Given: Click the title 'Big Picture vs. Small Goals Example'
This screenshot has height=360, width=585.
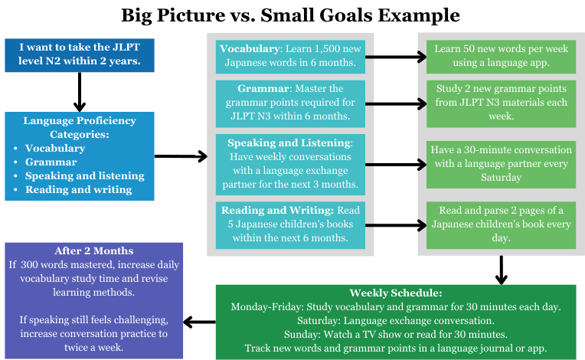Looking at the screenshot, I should pyautogui.click(x=292, y=15).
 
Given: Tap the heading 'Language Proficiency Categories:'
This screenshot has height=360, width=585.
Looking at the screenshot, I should pyautogui.click(x=79, y=127).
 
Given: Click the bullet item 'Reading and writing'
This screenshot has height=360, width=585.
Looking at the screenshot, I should pyautogui.click(x=78, y=189).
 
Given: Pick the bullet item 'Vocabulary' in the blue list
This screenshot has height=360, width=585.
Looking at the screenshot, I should pyautogui.click(x=54, y=148).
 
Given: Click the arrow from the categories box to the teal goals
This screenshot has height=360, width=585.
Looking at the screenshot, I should pyautogui.click(x=181, y=157).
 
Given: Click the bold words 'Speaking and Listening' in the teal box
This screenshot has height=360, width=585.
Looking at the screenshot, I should pyautogui.click(x=287, y=142).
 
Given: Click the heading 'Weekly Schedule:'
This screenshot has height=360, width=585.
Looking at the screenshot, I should pyautogui.click(x=395, y=293).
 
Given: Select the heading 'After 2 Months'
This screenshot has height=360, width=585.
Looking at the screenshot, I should pyautogui.click(x=94, y=251).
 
